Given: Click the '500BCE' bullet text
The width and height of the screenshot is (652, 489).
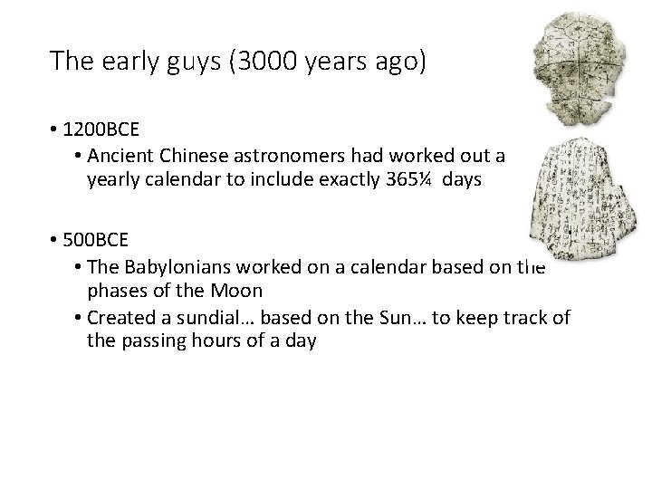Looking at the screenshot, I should click(x=94, y=242).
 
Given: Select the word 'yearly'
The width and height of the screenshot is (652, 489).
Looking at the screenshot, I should click(x=110, y=179).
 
